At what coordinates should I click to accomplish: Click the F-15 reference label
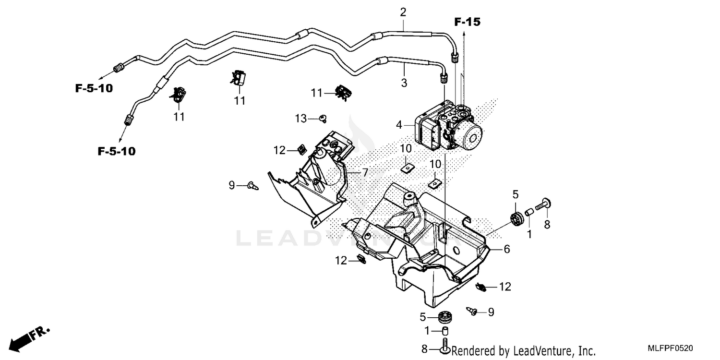(467, 22)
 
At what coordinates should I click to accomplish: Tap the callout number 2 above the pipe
(403, 12)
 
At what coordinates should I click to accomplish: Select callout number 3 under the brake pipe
(404, 83)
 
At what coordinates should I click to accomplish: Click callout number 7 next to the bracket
(365, 172)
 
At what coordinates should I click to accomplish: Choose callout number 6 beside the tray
(507, 249)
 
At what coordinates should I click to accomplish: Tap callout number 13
(300, 119)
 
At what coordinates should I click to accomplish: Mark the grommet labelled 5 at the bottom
(446, 317)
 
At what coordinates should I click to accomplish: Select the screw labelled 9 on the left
(252, 185)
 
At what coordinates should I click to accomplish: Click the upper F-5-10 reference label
(94, 88)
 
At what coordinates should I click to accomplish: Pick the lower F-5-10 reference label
(117, 152)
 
